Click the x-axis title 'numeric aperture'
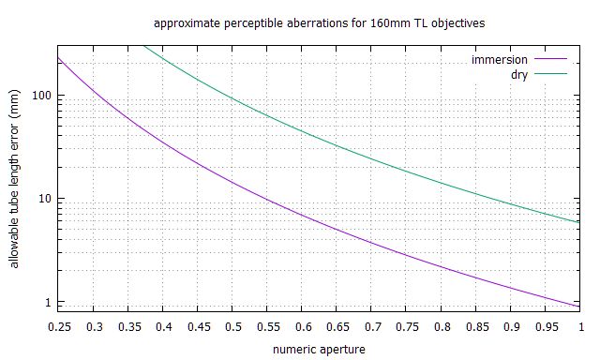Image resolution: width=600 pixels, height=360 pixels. click(x=312, y=348)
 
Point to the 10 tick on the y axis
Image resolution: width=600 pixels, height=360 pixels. click(x=41, y=199)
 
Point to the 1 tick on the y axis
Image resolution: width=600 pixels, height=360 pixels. click(x=44, y=302)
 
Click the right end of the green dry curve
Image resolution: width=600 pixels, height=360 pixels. click(x=579, y=222)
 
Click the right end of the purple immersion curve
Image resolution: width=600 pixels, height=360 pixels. click(x=579, y=306)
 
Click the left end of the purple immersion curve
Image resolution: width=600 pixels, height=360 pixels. click(x=58, y=58)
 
